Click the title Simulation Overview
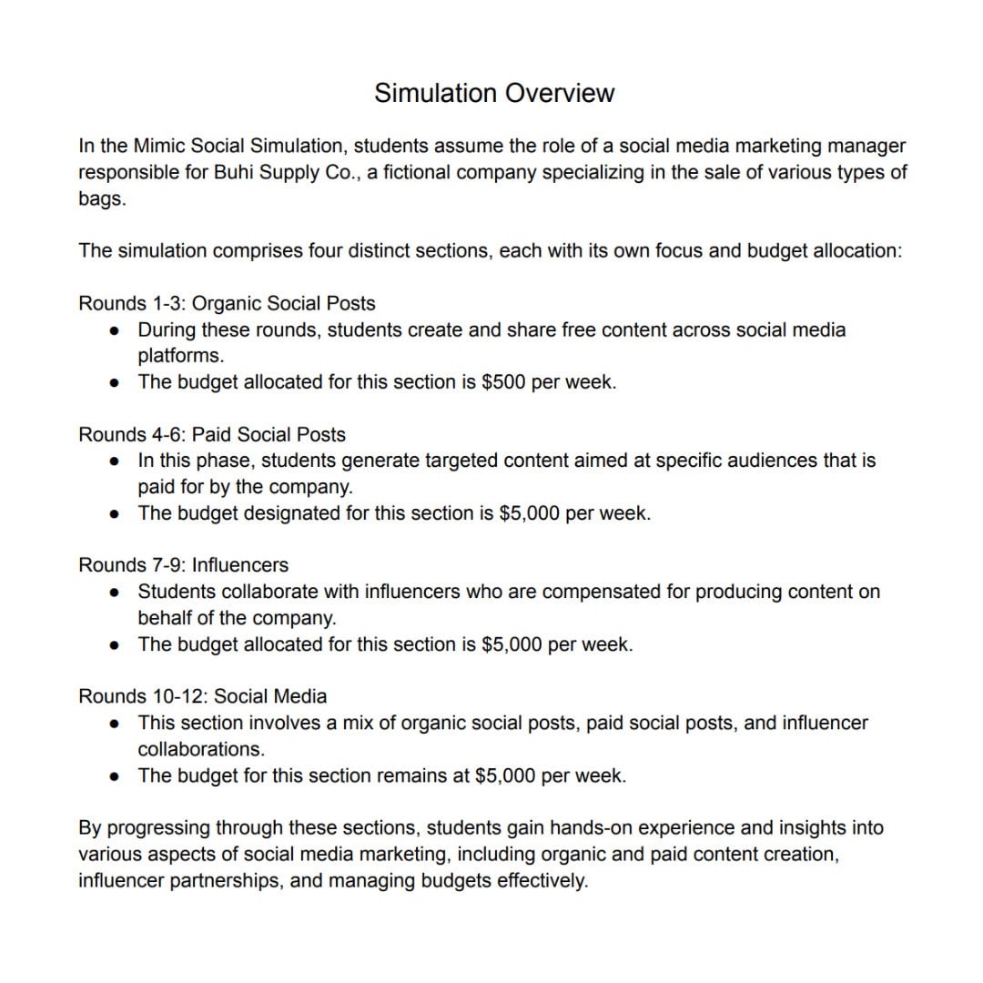pos(494,93)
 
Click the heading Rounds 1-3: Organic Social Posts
pos(227,303)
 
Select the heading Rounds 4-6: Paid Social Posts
pos(212,434)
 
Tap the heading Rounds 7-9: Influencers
pos(183,565)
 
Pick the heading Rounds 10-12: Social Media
pos(202,696)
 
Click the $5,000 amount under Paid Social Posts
pos(530,513)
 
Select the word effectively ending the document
pos(542,881)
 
